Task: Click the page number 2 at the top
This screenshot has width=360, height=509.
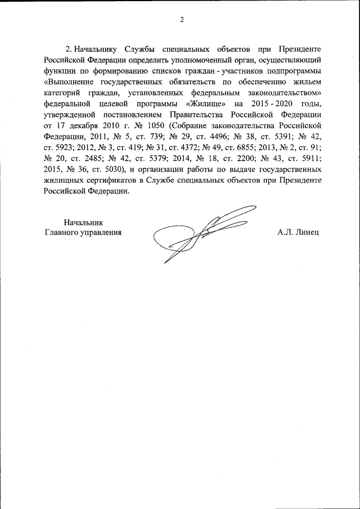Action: pos(182,20)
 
